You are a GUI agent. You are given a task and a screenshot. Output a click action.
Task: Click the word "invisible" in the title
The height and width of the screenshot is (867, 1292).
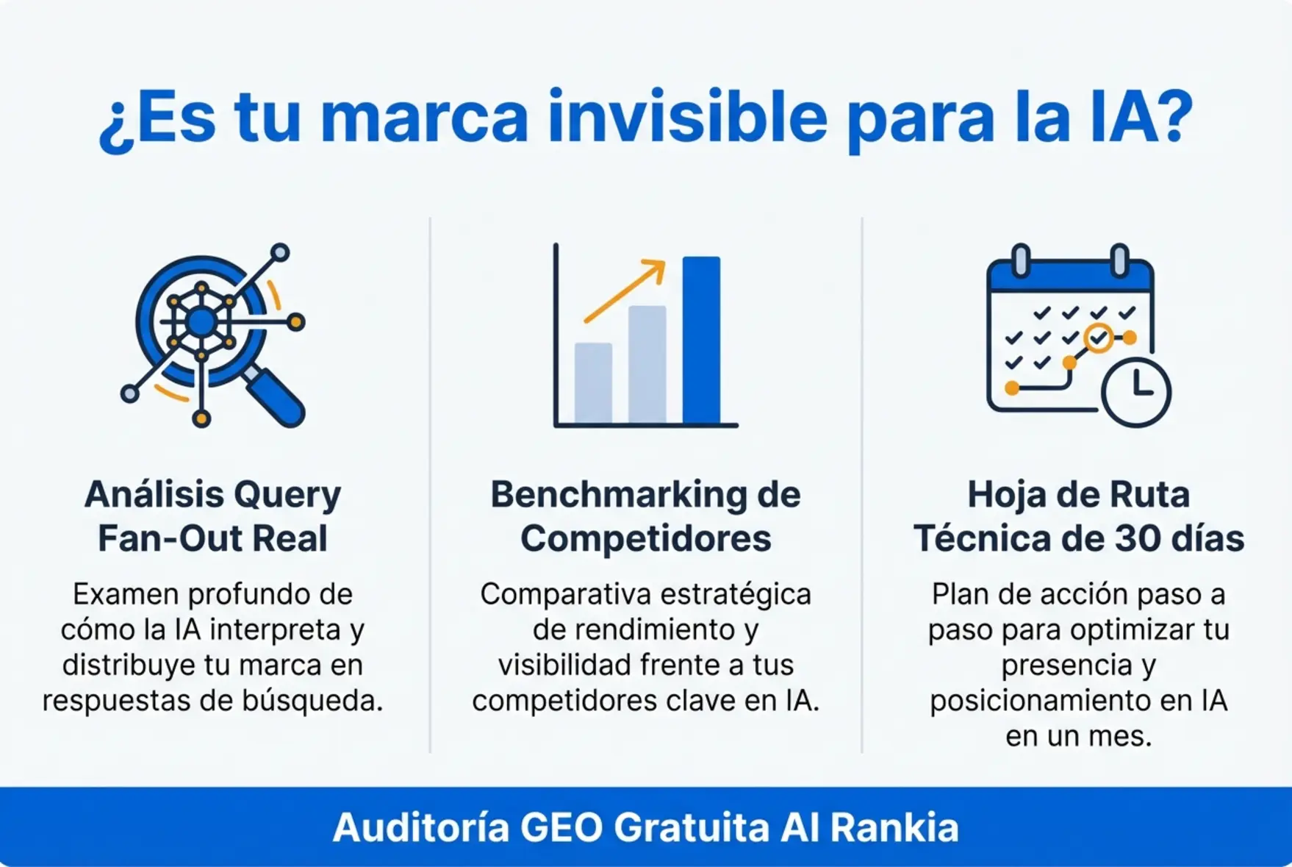[687, 118]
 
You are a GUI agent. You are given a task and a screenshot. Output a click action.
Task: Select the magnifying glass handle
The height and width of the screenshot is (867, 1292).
[277, 401]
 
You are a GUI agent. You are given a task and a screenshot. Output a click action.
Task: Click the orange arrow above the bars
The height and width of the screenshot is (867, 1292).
[625, 290]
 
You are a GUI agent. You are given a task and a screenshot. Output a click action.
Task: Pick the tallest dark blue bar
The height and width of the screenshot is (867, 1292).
[701, 340]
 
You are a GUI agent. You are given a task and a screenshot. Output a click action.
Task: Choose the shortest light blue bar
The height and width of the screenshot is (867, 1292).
[593, 382]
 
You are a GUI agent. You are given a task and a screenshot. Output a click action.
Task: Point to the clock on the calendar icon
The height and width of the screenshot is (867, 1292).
[1136, 392]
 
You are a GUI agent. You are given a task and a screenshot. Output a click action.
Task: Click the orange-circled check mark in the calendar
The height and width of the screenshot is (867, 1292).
[1098, 338]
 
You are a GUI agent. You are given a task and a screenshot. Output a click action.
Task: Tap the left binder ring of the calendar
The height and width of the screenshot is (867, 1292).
[1021, 260]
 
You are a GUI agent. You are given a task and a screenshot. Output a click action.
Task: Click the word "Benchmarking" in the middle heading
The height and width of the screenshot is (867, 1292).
[619, 495]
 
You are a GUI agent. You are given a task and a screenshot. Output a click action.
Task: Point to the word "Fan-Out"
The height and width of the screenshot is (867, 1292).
[170, 538]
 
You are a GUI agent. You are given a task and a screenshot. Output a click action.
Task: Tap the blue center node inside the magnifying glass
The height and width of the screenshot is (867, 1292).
[201, 322]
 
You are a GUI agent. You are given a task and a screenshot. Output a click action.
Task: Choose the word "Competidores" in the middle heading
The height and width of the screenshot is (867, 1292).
[645, 538]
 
